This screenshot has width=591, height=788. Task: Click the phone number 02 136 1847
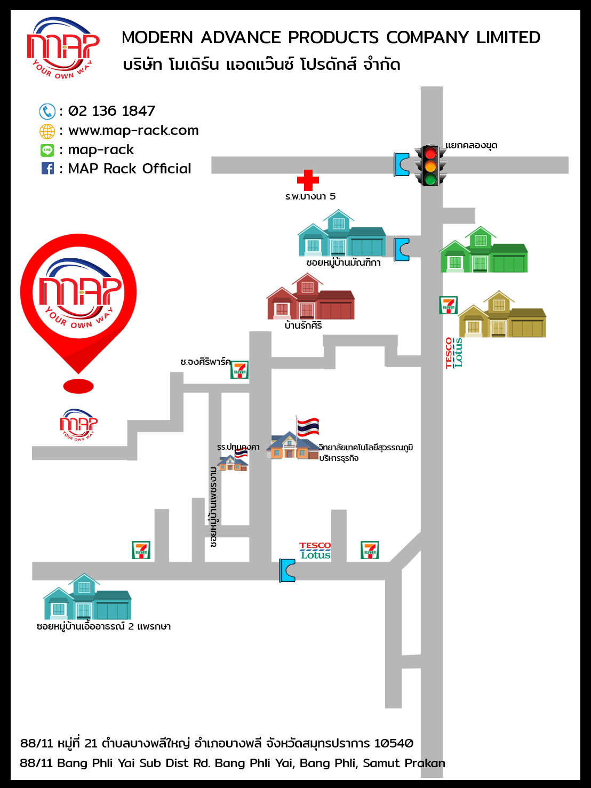[111, 111]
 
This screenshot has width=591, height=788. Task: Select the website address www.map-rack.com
[133, 130]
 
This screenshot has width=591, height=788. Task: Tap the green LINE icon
[47, 150]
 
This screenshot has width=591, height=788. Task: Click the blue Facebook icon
[47, 169]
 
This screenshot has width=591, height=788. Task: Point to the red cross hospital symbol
[308, 180]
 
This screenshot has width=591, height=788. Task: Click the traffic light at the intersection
[430, 165]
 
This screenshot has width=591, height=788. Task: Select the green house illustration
[483, 250]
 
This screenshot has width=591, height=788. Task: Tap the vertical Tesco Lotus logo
[454, 353]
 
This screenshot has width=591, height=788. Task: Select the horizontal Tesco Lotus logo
[315, 551]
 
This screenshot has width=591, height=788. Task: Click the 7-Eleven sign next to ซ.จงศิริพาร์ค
[239, 370]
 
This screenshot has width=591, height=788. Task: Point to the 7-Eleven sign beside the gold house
[449, 305]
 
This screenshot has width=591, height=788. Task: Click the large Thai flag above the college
[308, 427]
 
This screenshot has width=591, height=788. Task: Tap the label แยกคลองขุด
[471, 146]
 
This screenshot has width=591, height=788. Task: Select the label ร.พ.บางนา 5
[310, 196]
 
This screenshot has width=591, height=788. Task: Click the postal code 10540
[394, 743]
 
